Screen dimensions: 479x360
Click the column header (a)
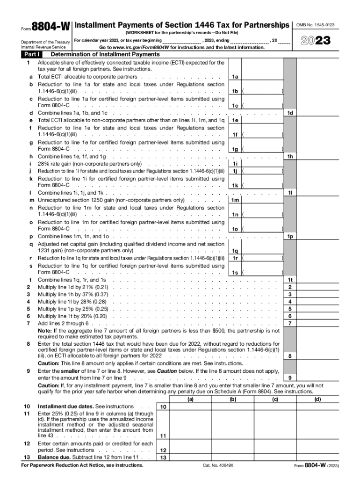tap(190, 399)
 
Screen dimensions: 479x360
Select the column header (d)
tap(318, 399)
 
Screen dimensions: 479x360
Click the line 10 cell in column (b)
tap(232, 407)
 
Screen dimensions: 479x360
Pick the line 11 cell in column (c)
tap(275, 426)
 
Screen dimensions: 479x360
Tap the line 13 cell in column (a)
tap(190, 457)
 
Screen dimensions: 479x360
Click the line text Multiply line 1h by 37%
tap(73, 294)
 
